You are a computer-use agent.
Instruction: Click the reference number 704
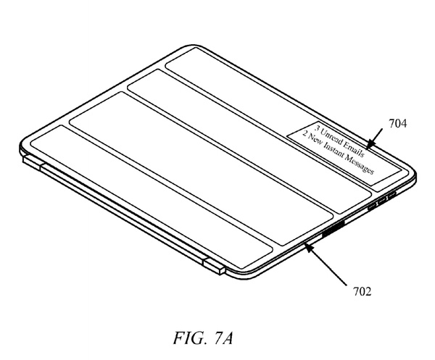[397, 124]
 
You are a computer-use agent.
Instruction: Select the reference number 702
[362, 291]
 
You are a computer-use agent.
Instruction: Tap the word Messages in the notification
[360, 164]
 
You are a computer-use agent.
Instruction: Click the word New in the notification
[315, 141]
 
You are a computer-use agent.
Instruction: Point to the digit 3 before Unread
[317, 128]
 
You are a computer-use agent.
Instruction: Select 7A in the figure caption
[223, 338]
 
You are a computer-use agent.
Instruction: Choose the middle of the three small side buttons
[382, 202]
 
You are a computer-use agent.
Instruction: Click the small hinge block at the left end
[31, 162]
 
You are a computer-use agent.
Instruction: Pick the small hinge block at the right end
[214, 266]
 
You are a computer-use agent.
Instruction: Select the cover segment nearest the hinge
[152, 197]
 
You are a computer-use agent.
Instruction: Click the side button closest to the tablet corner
[391, 196]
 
